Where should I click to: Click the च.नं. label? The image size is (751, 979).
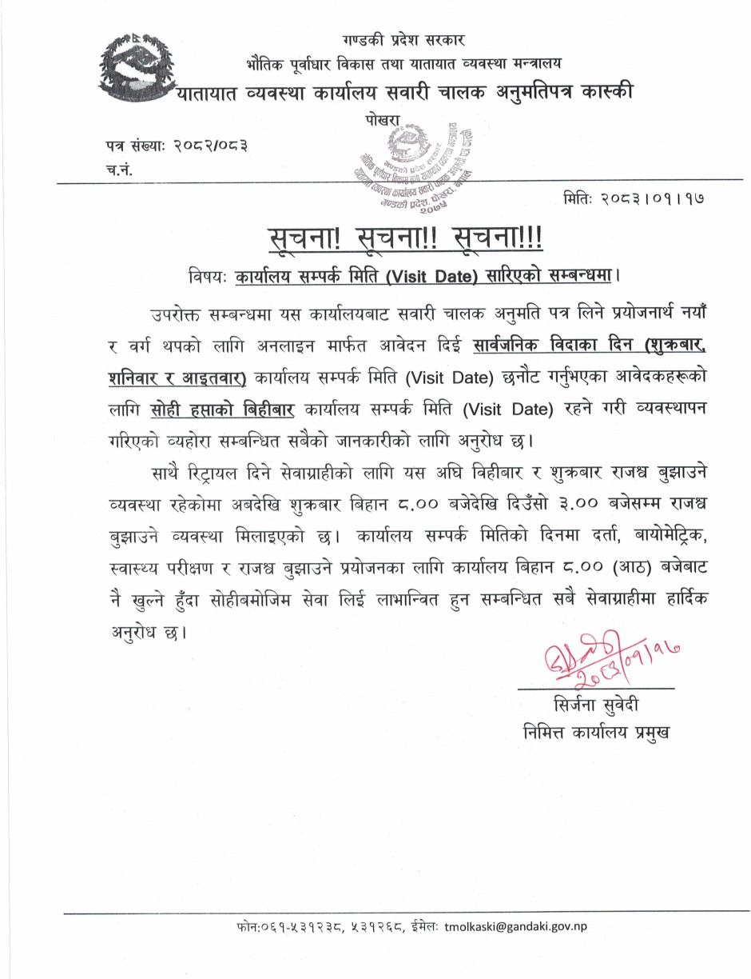(x=117, y=169)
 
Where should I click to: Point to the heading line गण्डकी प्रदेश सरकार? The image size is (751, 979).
(x=403, y=39)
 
